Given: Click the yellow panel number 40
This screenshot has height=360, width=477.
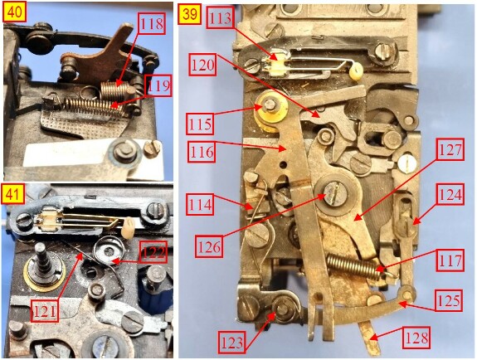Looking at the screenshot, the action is tap(14, 12).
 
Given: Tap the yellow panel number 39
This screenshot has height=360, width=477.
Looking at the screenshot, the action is tap(190, 14).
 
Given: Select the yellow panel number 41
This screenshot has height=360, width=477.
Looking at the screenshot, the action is tap(13, 195).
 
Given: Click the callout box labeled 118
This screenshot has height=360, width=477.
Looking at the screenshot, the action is tap(152, 23).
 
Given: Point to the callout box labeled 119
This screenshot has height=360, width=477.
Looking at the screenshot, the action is tap(158, 85).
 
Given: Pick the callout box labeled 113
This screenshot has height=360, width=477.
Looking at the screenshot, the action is tap(220, 17).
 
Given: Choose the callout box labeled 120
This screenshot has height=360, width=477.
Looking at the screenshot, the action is tap(203, 65).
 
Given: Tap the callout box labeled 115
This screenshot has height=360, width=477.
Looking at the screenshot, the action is tap(200, 124).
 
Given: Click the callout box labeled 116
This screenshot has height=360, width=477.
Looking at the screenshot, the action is tap(202, 151).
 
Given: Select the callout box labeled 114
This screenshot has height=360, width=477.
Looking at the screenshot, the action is tap(200, 205).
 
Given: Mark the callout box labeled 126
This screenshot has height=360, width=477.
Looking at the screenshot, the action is tap(209, 247).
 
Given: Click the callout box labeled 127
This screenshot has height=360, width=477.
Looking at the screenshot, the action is tap(450, 149).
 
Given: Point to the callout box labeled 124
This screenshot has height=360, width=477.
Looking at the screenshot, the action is tap(450, 194).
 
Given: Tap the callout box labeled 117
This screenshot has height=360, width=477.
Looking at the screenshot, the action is tap(450, 260).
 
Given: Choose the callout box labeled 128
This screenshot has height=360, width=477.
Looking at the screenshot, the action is tap(416, 338).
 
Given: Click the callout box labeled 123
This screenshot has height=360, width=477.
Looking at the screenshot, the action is tap(231, 343).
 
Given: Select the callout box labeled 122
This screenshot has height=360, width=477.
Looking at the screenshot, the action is tap(153, 252).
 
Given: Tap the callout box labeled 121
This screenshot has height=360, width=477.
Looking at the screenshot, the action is tap(45, 311).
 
